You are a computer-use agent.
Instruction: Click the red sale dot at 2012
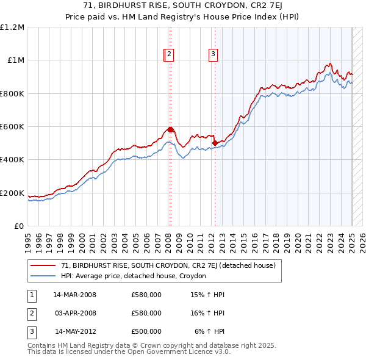215,143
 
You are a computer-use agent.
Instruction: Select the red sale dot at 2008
171,129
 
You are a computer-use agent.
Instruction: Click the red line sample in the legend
43,265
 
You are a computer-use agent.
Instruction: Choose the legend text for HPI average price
134,276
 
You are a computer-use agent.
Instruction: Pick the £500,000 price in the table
146,331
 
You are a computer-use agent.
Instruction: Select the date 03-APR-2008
76,313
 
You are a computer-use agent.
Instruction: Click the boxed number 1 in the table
31,295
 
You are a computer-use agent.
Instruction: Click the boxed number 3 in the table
31,331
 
